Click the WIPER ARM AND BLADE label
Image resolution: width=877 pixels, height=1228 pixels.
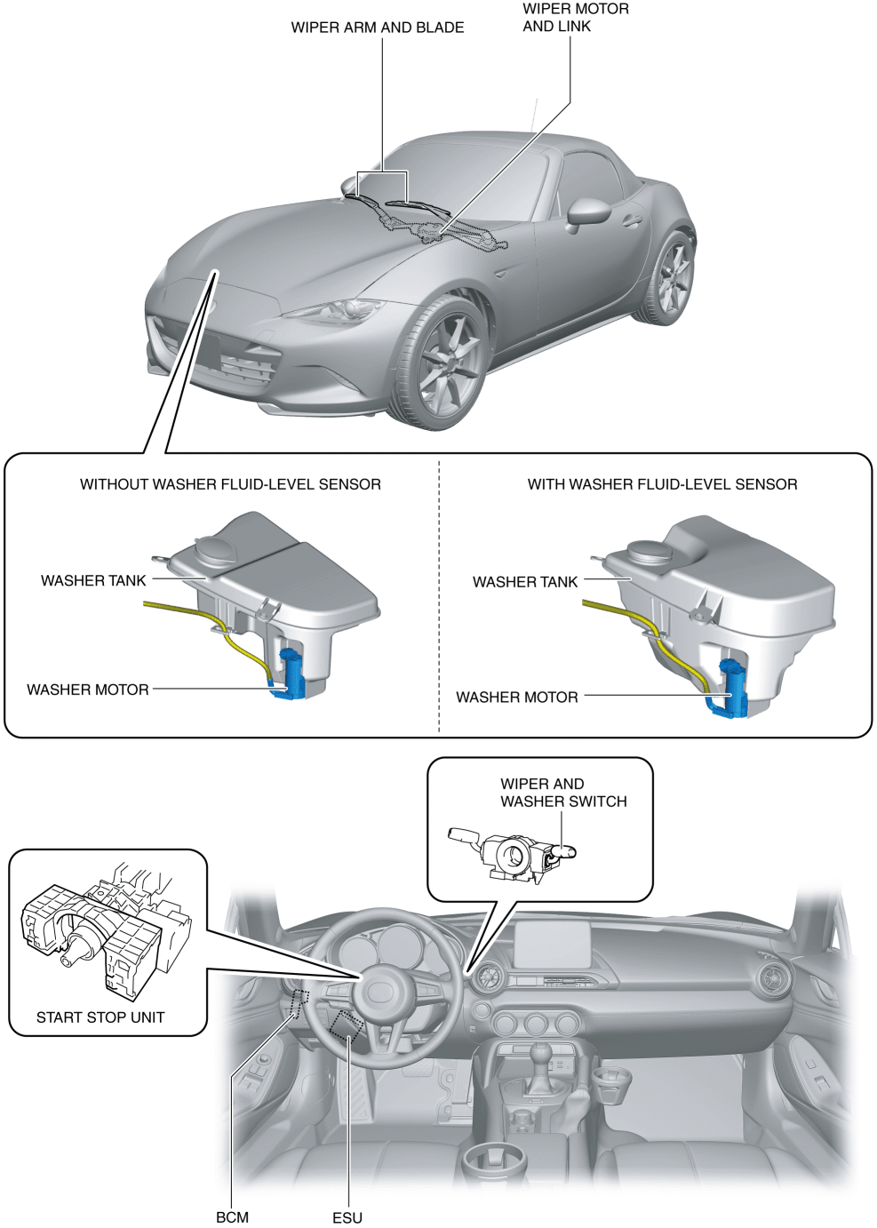point(377,28)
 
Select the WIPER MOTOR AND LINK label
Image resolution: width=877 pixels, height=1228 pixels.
point(575,18)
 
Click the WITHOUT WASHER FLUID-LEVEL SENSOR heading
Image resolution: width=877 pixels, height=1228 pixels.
point(230,484)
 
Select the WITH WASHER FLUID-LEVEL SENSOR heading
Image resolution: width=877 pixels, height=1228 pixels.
point(662,484)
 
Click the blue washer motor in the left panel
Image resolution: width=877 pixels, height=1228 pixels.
point(291,675)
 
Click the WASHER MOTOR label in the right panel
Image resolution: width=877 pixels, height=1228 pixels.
point(516,698)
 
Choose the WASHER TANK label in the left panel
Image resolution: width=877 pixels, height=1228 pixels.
point(93,581)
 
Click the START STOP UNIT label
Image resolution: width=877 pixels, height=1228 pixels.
point(100,1017)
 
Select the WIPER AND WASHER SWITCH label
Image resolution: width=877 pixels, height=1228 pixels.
point(563,793)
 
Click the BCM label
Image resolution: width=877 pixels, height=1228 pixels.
point(232,1217)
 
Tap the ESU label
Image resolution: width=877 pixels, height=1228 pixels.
point(347,1217)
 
